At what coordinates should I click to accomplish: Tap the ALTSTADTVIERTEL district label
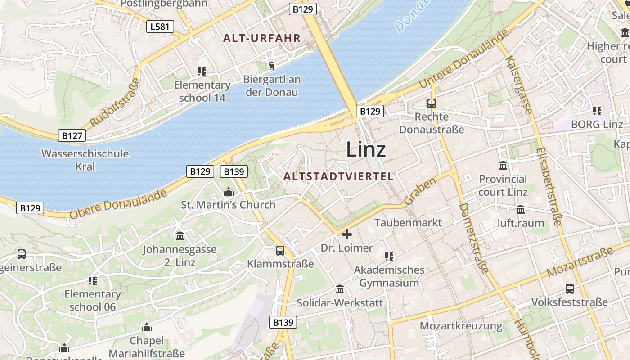pos(339,176)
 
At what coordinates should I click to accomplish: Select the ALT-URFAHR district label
pos(261,38)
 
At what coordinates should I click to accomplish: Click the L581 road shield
pos(160,27)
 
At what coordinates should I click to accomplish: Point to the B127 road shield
pos(72,135)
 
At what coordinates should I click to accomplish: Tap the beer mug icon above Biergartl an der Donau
pos(271,66)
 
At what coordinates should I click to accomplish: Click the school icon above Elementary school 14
pos(202,71)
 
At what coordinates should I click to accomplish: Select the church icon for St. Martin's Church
pos(229,192)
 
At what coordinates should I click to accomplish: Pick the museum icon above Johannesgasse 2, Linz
pos(180,236)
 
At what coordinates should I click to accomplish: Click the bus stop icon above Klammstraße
pos(280,250)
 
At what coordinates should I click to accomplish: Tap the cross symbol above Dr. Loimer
pos(347,234)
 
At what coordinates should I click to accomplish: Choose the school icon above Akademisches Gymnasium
pos(389,256)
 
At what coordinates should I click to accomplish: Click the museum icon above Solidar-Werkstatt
pos(340,289)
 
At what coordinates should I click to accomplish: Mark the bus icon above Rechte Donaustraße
pos(432,103)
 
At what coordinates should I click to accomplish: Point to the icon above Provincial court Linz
pos(503,166)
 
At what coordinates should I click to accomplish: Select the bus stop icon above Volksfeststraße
pos(570,289)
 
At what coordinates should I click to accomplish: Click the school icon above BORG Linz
pos(597,111)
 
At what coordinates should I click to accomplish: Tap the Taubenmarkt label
pos(408,223)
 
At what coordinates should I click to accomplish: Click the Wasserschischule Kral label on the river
pos(85,160)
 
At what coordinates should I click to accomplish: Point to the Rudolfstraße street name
pos(115,103)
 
